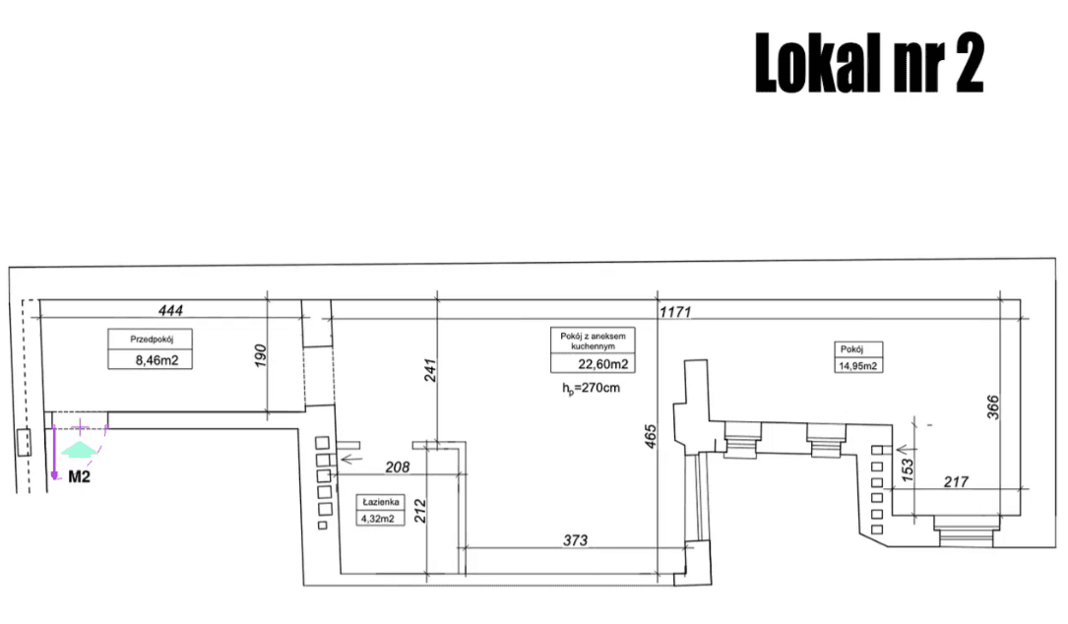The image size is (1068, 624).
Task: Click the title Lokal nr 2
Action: coord(869,63)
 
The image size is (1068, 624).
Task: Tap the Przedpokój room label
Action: coord(152,339)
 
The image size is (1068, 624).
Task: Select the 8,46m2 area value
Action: coord(157,360)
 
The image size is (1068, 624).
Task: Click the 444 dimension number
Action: coord(170,311)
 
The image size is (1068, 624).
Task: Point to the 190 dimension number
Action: coord(260,356)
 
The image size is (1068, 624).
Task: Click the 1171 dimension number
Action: coord(675,311)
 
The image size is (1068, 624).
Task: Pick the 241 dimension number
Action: coord(430,370)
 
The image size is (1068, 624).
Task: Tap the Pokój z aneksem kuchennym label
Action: coord(593,341)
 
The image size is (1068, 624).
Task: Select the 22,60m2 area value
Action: coord(602,364)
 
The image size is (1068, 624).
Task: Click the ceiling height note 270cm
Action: coord(592,389)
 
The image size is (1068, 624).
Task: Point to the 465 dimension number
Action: coord(651,437)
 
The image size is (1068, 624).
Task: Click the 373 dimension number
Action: coord(575,540)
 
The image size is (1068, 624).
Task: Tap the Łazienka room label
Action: coord(381,502)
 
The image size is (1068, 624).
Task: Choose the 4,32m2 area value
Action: coord(377,519)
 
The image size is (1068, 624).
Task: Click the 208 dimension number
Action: coord(397,468)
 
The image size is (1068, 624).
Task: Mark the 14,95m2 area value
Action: coord(857,366)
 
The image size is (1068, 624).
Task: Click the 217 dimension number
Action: coord(956,482)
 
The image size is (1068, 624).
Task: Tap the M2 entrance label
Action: coord(79,476)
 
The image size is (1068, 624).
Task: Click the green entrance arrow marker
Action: coord(79,449)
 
